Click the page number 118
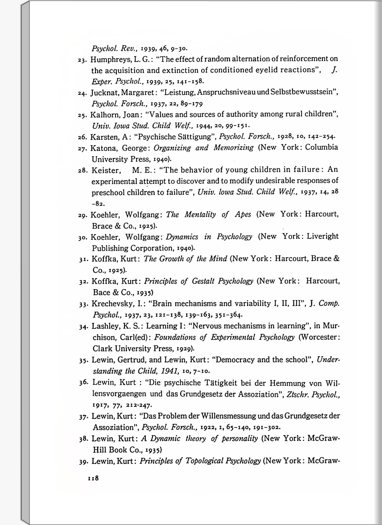pos(93,478)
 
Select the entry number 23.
pos(82,60)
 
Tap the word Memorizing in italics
pos(234,147)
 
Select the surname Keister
pos(106,170)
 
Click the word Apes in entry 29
pos(243,214)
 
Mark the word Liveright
pos(323,236)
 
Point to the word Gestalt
pos(203,281)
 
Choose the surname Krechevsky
pos(113,304)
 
